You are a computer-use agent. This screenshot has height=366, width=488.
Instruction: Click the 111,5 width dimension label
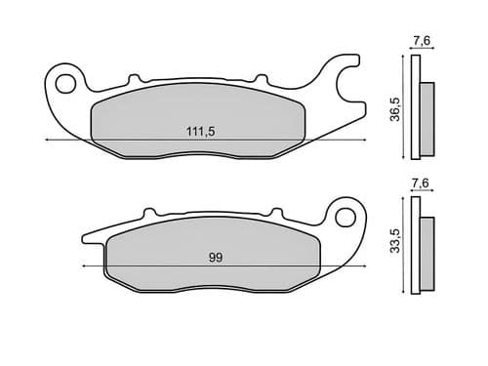(201, 131)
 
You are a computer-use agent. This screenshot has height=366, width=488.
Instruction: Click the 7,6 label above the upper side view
(421, 40)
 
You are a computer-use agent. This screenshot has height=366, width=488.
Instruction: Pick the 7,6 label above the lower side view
(421, 183)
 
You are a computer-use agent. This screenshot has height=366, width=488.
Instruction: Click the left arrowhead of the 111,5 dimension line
(48, 142)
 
